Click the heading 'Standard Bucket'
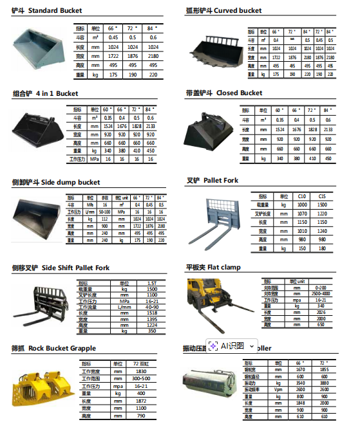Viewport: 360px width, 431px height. (x=55, y=11)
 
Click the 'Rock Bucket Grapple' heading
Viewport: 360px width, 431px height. (x=62, y=348)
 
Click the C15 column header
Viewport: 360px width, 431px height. (x=322, y=196)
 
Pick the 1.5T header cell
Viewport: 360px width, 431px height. (x=151, y=283)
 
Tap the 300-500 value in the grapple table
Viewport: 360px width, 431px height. (x=140, y=379)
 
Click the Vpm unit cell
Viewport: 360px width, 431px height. (x=278, y=390)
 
